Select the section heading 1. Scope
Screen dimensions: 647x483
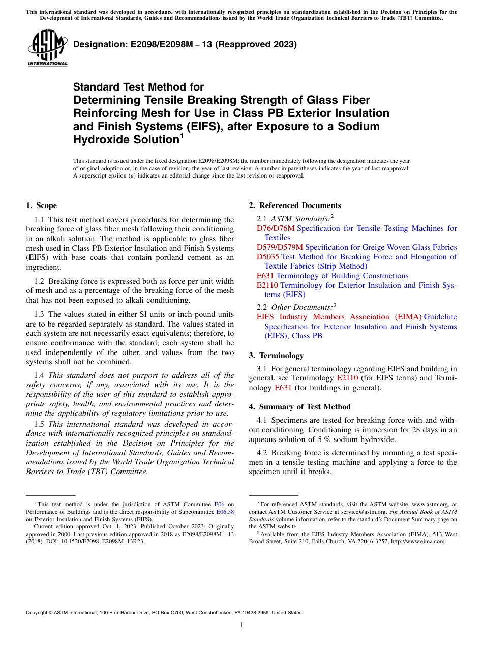[41, 205]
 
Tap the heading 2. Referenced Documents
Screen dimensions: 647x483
[295, 205]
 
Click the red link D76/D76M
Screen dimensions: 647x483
[276, 228]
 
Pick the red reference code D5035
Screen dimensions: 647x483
[268, 257]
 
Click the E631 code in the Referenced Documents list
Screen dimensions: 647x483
[265, 276]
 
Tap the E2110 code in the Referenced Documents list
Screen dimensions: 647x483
[267, 285]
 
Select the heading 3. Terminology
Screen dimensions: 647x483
[276, 356]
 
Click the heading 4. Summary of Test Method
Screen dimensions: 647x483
[299, 406]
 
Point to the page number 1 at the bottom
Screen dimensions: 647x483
[242, 625]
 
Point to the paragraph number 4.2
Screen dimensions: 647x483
[262, 452]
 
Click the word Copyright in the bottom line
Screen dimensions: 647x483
[37, 613]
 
